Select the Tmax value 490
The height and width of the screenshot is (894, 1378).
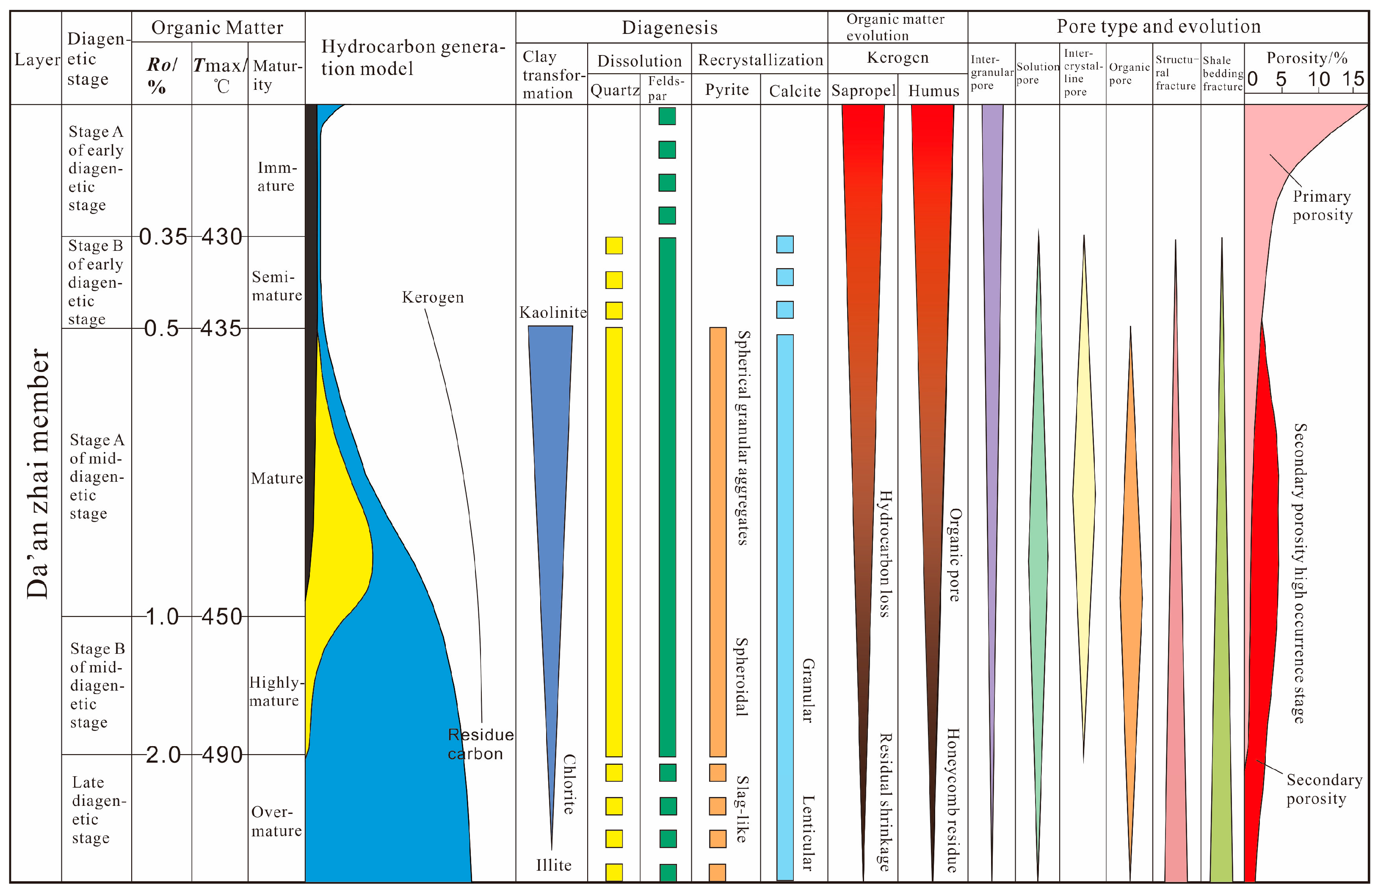point(222,754)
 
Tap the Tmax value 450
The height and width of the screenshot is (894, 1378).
point(222,616)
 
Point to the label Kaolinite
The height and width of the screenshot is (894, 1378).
point(553,313)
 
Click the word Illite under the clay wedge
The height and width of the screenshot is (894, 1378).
point(553,865)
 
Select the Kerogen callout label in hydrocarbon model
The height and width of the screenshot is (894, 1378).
point(433,297)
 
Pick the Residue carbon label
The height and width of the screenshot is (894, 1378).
point(480,744)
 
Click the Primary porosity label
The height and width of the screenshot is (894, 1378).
point(1323,205)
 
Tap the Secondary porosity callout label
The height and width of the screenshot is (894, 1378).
point(1324,788)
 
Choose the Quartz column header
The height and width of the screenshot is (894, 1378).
point(614,90)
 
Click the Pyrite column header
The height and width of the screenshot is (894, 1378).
point(726,90)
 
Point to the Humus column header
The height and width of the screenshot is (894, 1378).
point(933,91)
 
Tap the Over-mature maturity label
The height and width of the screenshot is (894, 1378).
point(276,821)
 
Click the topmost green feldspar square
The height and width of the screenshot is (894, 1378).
point(667,116)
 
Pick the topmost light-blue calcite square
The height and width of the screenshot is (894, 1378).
point(784,244)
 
